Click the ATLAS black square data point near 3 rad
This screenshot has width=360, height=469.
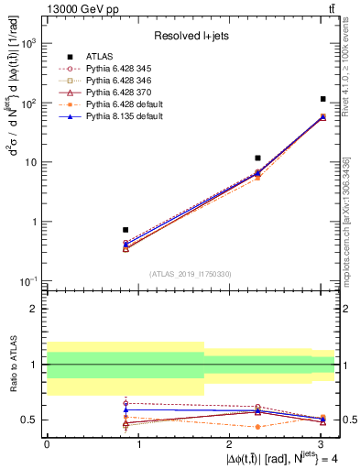tap(323, 99)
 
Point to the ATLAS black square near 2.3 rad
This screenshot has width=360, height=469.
tap(257, 158)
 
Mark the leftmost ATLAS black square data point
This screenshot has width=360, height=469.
tap(125, 230)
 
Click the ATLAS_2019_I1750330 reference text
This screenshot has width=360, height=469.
tap(190, 273)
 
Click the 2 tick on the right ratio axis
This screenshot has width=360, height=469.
tap(344, 309)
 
